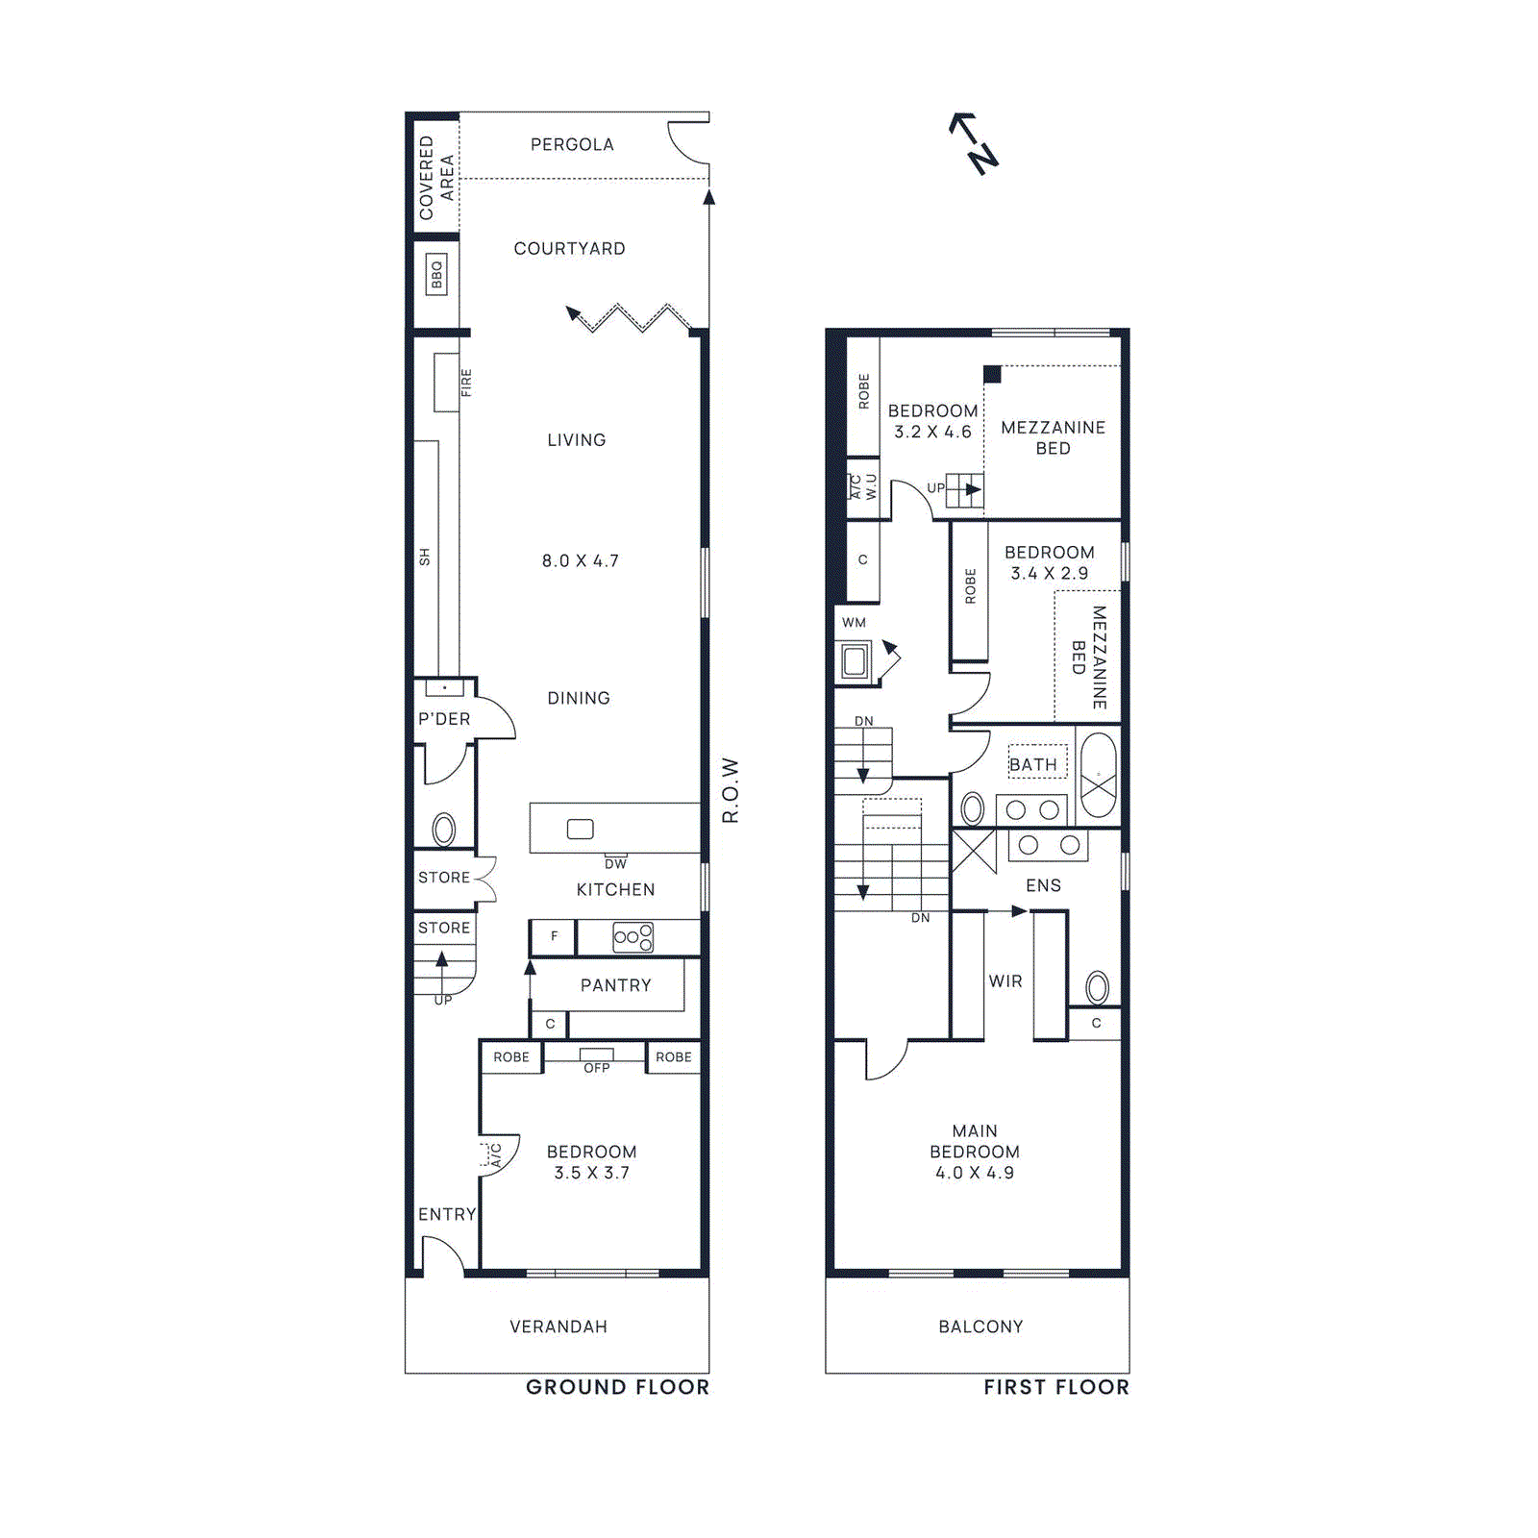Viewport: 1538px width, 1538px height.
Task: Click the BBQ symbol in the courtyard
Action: click(436, 275)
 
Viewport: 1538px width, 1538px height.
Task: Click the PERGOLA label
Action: click(572, 144)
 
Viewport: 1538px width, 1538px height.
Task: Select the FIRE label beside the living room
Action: click(466, 383)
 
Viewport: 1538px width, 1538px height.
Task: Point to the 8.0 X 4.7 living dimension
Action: click(580, 560)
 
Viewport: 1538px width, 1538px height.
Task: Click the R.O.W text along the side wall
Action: click(731, 790)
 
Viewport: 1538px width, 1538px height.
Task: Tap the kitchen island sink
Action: click(580, 829)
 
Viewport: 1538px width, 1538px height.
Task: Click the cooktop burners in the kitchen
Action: click(633, 937)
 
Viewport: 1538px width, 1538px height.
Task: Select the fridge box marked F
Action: click(554, 936)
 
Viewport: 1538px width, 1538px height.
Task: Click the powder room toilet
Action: click(443, 829)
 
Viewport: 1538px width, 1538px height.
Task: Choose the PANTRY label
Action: click(615, 985)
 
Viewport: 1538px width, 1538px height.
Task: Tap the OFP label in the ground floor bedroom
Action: click(596, 1068)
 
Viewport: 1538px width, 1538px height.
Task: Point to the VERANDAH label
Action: click(558, 1327)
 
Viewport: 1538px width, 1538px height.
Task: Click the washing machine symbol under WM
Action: click(855, 661)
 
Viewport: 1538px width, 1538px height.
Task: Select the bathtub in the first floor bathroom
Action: click(1098, 776)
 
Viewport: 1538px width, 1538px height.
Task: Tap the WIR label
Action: click(1005, 981)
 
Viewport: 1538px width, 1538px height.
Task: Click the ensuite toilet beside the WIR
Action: click(1097, 987)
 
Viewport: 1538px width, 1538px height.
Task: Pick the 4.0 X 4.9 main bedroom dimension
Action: click(974, 1173)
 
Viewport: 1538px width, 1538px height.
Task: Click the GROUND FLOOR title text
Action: click(617, 1387)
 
